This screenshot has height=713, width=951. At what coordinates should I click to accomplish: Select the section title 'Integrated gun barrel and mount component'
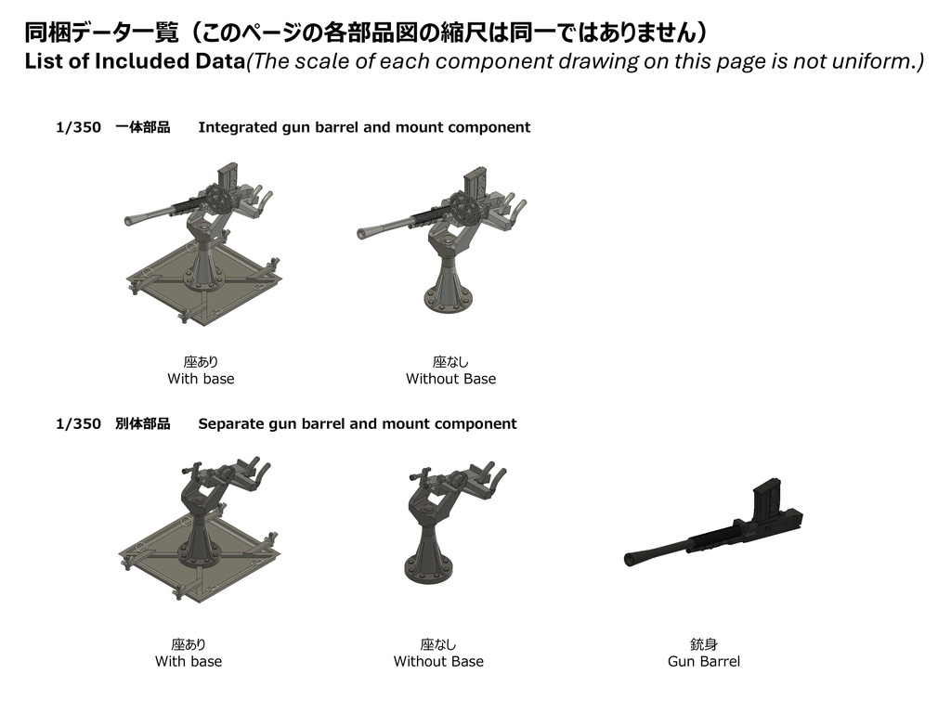click(x=364, y=127)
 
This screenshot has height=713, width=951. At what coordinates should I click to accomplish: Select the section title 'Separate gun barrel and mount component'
click(x=357, y=423)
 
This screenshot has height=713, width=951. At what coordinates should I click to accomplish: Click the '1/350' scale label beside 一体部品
click(x=78, y=127)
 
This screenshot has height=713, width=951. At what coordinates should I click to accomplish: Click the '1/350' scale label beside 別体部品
click(x=78, y=423)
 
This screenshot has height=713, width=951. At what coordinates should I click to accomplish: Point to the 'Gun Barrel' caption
click(x=703, y=661)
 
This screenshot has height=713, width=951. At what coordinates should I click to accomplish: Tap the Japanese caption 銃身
click(x=703, y=644)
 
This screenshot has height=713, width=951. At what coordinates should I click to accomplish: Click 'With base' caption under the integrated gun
click(x=201, y=379)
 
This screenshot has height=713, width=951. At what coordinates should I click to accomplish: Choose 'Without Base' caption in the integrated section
click(x=450, y=379)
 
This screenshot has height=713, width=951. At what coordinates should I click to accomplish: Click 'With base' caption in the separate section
click(x=189, y=661)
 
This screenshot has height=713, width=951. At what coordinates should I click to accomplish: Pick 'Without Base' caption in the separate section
click(x=438, y=661)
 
